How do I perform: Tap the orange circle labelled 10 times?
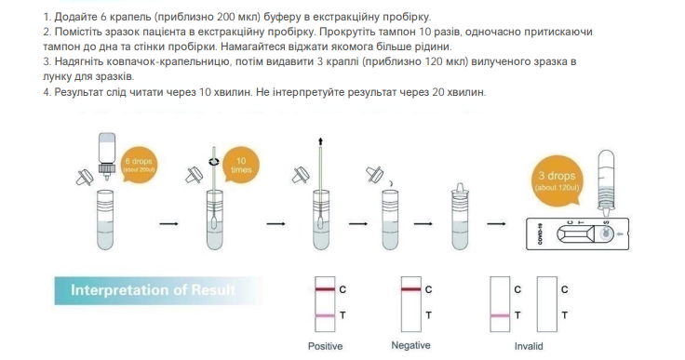(241, 164)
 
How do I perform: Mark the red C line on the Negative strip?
(411, 290)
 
